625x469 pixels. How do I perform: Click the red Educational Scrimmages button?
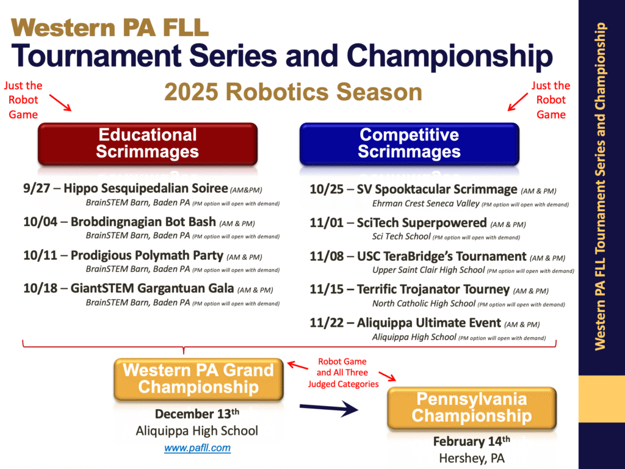coord(148,144)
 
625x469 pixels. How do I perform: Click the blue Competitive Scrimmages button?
coord(410,144)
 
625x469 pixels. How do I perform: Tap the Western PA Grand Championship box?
coord(198,379)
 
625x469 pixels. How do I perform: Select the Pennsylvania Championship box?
coord(472,408)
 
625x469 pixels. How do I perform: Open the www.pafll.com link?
coord(197,448)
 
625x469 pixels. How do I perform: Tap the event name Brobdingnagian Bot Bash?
coord(143,222)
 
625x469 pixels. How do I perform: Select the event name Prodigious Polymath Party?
coord(146,255)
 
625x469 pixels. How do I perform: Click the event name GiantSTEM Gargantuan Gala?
coord(152,288)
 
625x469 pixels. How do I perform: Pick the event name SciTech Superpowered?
coord(422,222)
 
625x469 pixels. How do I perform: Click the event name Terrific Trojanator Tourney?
coord(433,289)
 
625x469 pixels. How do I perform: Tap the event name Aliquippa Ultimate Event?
coord(429,322)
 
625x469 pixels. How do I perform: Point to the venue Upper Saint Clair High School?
coord(428,270)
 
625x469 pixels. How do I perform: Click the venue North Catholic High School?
coord(424,304)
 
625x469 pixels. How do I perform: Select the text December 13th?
coord(197,413)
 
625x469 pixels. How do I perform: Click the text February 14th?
coord(472,441)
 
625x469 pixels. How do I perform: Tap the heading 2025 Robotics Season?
coord(293,92)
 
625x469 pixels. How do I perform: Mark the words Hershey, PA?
coord(472,458)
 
